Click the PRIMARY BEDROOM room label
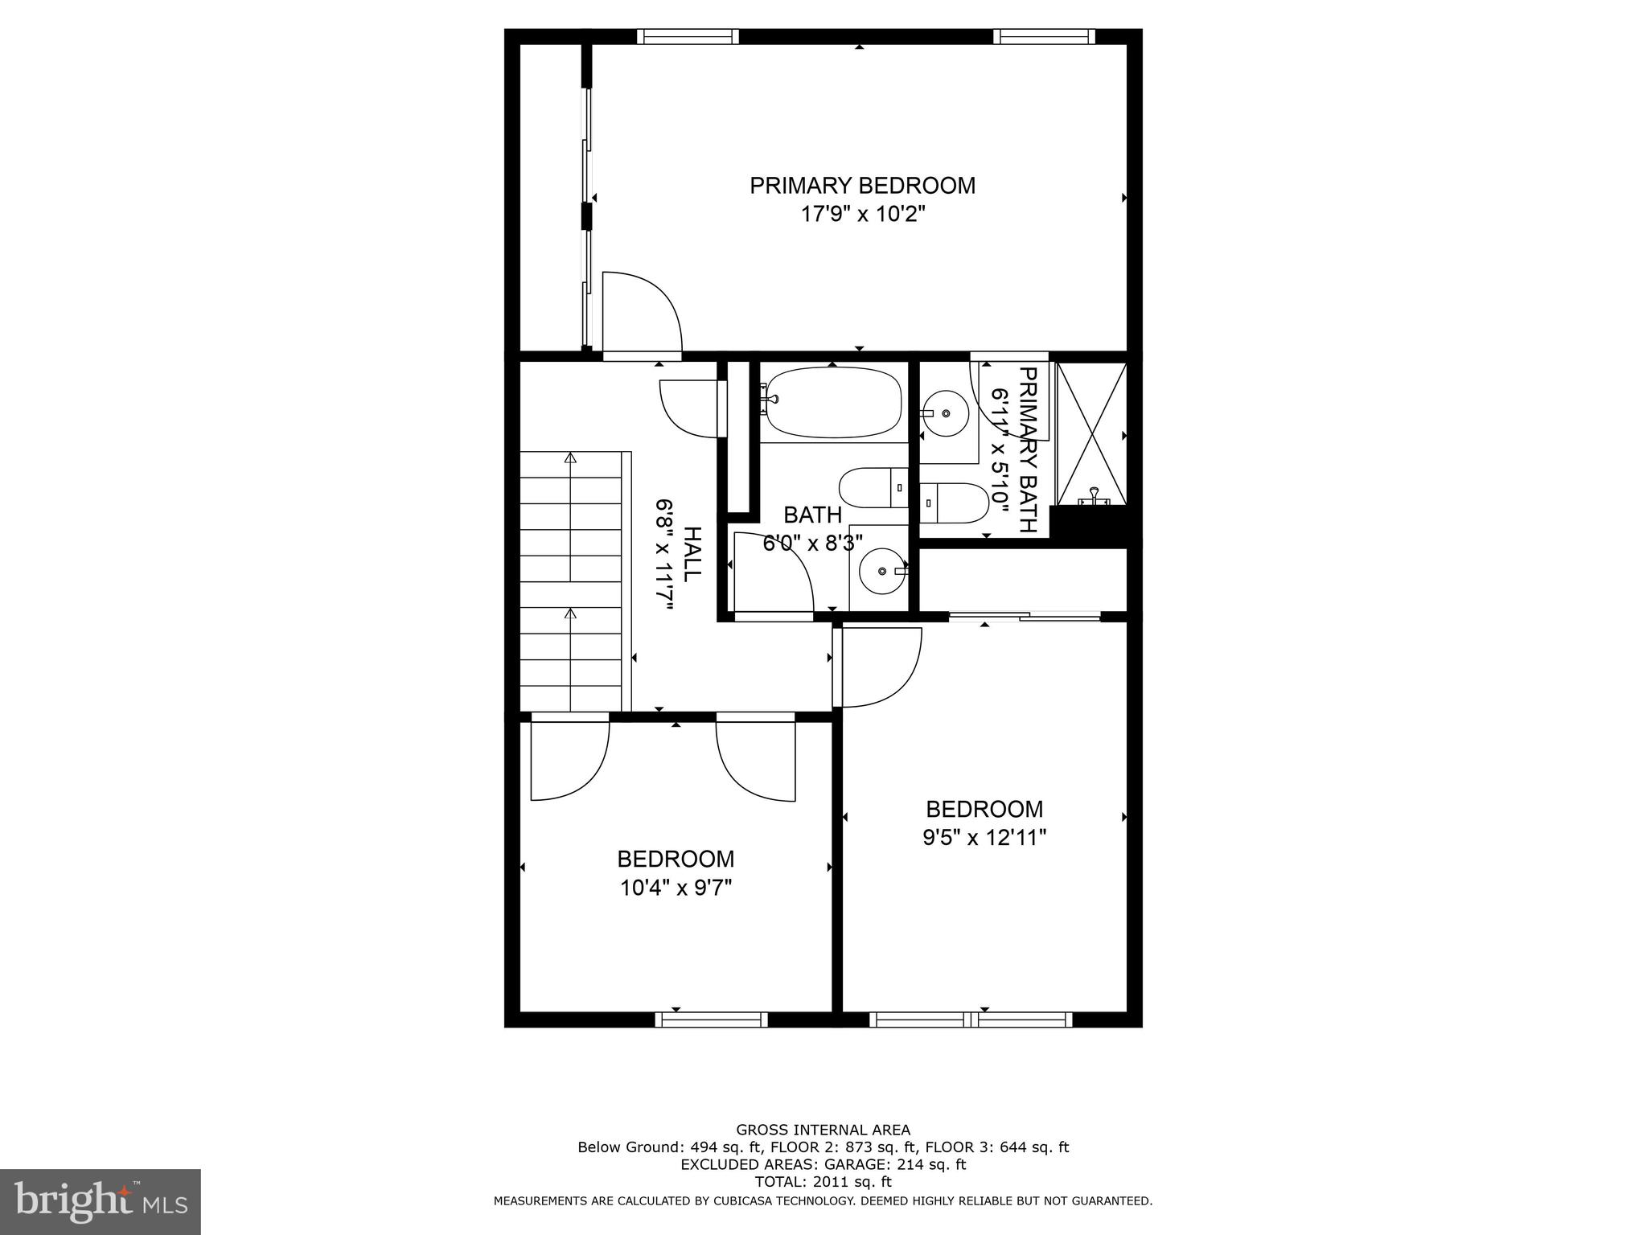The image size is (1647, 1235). [x=862, y=186]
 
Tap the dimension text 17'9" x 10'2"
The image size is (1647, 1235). [x=862, y=215]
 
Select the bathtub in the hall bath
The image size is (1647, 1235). [x=832, y=403]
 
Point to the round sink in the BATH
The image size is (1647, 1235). [x=882, y=571]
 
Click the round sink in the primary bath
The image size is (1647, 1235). [x=946, y=413]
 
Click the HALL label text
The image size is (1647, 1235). [x=692, y=555]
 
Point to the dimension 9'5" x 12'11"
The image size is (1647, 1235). [x=984, y=839]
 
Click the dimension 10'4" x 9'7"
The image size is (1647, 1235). [x=676, y=888]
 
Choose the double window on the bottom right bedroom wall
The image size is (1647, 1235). [x=971, y=1020]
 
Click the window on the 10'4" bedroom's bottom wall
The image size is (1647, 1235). [x=711, y=1020]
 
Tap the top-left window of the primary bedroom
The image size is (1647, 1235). [x=688, y=36]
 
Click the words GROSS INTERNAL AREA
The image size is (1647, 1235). [x=823, y=1130]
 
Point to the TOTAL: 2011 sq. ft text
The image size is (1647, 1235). [x=823, y=1182]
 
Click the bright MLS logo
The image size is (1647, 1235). [x=100, y=1201]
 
